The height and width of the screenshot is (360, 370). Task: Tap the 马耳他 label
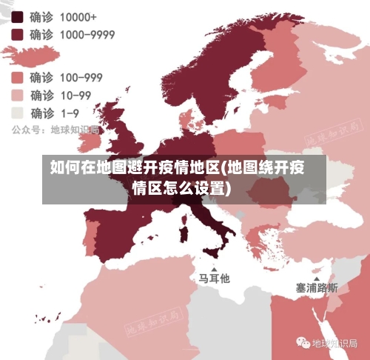click(214, 279)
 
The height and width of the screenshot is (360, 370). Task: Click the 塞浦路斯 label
click(317, 287)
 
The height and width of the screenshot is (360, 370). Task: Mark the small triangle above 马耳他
click(215, 268)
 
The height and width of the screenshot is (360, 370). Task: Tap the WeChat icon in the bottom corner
click(303, 343)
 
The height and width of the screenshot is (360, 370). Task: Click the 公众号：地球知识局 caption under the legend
click(53, 129)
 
